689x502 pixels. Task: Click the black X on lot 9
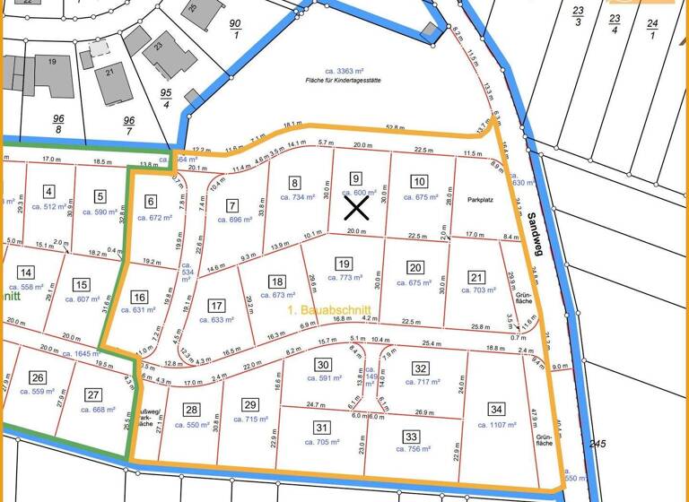coord(356,208)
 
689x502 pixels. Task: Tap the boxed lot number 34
coord(496,410)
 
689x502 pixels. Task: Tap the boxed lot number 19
coord(343,264)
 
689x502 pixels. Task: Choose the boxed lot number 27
coord(93,394)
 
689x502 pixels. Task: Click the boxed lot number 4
coord(48,191)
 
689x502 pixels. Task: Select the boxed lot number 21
coord(477,278)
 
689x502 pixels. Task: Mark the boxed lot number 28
coord(191,410)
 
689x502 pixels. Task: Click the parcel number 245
coord(599,444)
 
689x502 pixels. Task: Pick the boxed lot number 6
coord(151,201)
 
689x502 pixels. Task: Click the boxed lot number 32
coord(420,368)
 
